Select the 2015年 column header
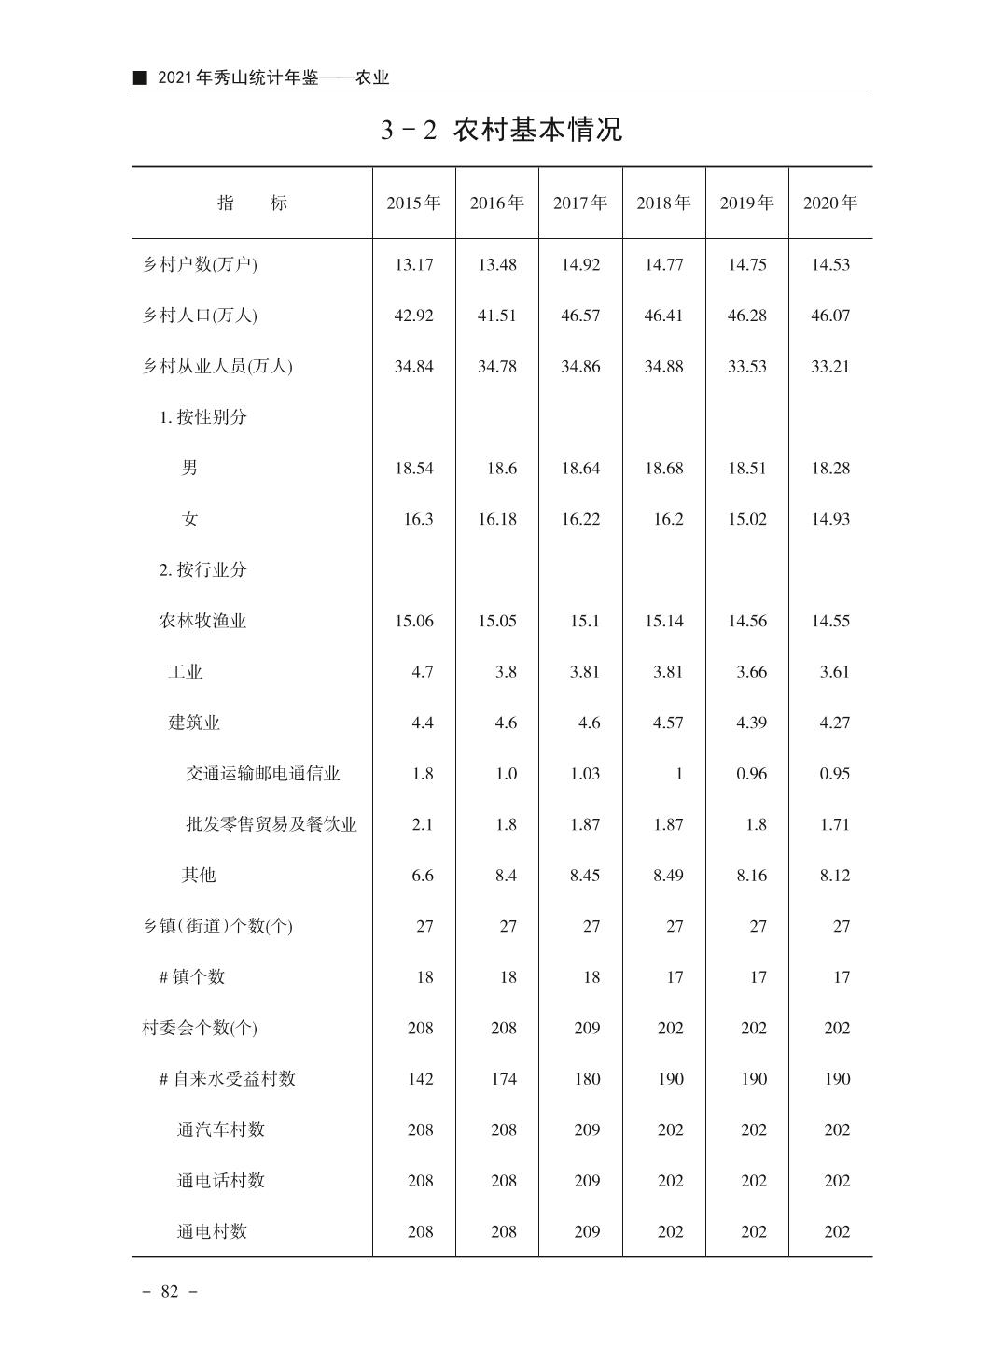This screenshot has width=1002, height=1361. [x=413, y=203]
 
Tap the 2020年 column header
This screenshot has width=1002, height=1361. [x=829, y=203]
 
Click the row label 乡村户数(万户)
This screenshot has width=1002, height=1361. [x=200, y=264]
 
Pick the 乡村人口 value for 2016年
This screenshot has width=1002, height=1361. [x=496, y=316]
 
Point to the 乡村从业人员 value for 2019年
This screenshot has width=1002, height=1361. [x=746, y=366]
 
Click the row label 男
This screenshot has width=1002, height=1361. [x=189, y=468]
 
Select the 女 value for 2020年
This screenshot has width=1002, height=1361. [x=829, y=519]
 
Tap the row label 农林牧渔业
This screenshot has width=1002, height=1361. [x=202, y=621]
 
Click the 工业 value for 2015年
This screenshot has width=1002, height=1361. [x=422, y=672]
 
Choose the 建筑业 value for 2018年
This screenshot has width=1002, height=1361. [x=667, y=723]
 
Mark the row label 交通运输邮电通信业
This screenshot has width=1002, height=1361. [x=263, y=774]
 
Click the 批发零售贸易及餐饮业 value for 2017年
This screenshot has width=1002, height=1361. [x=584, y=824]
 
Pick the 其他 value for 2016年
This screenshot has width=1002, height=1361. [x=505, y=876]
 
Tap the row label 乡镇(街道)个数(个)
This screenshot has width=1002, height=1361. [x=216, y=926]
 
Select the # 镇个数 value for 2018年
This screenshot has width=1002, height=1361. [x=674, y=977]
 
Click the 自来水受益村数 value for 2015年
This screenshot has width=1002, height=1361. [x=420, y=1079]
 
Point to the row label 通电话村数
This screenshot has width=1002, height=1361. [x=221, y=1181]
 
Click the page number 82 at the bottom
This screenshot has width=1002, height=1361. [x=169, y=1292]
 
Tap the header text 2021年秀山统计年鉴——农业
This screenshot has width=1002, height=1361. [x=272, y=78]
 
